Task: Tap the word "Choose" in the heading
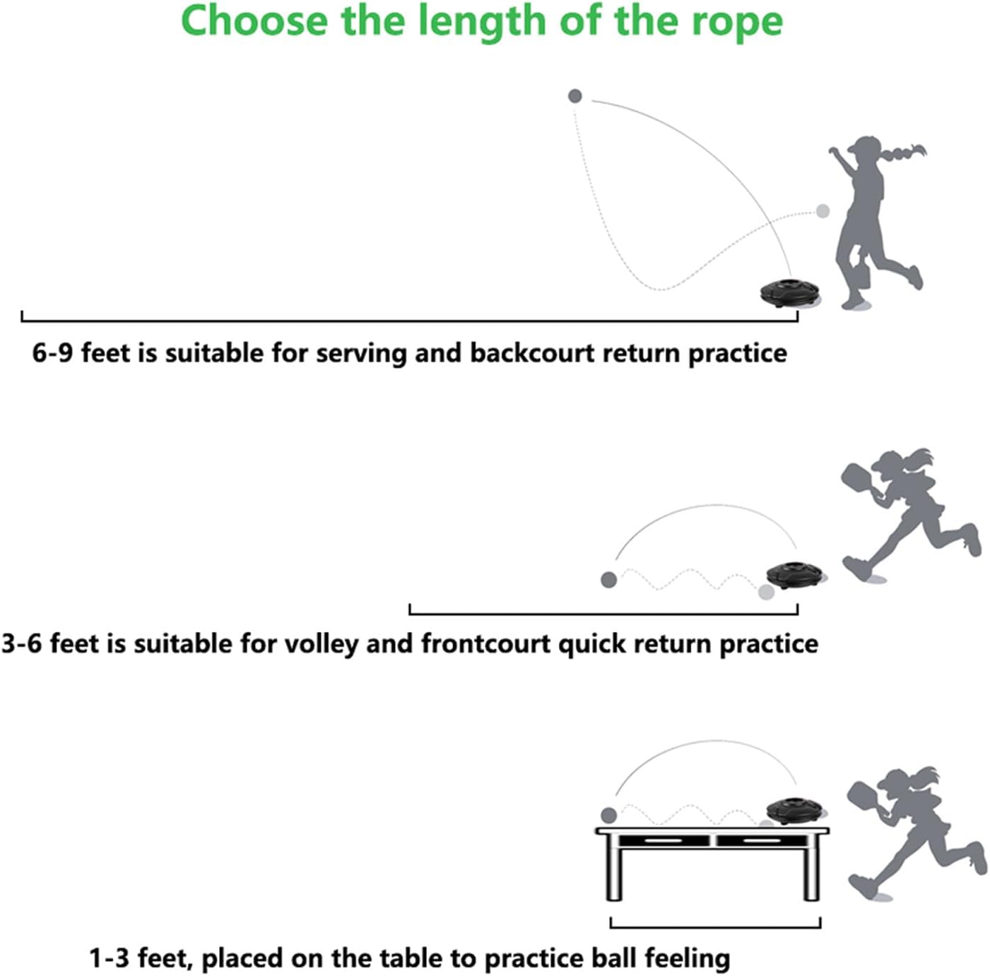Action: point(254,20)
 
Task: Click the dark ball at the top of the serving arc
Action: point(575,96)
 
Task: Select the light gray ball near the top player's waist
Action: point(823,211)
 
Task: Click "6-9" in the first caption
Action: point(52,353)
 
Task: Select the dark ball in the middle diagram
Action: point(609,580)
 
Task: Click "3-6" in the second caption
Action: point(22,644)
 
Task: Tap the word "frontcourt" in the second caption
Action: point(486,644)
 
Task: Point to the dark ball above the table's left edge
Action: point(609,815)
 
